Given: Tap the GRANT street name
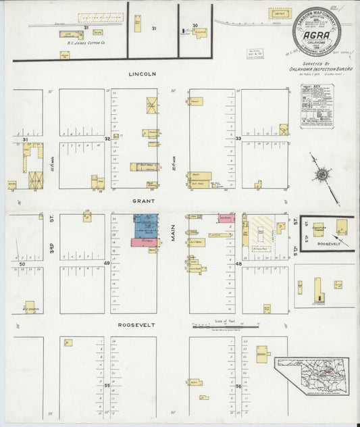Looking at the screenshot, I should coord(144,201).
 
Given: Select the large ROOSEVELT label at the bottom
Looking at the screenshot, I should coord(136,325).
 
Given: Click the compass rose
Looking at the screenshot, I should coord(322,174).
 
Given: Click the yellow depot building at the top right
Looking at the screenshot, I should coord(279,14).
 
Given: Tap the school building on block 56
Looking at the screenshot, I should coord(262,354).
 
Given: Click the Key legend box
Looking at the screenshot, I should coord(317,106).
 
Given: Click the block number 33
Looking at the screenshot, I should coord(238,138).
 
